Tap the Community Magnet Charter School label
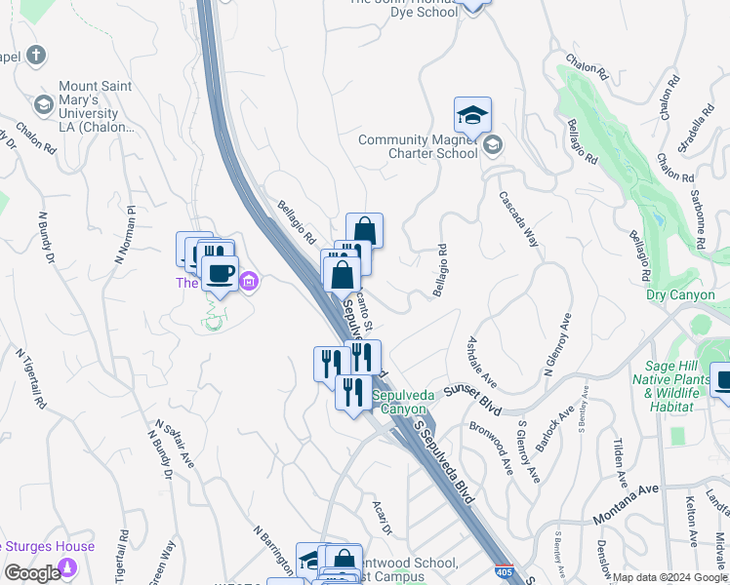[418, 146]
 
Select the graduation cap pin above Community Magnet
[472, 116]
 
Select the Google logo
[32, 572]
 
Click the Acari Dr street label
[382, 518]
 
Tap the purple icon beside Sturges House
[67, 567]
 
